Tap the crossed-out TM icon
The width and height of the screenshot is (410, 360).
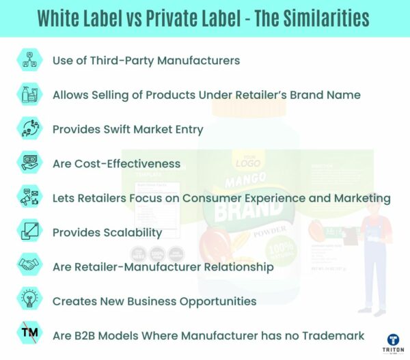(x=29, y=335)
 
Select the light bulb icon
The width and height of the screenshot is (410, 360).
(x=29, y=301)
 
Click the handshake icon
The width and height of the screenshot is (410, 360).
(x=29, y=266)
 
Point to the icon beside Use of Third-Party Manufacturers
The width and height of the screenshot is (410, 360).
(x=29, y=60)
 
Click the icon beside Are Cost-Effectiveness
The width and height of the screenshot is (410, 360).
(x=29, y=163)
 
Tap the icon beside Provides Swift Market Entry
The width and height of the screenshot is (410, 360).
(x=29, y=129)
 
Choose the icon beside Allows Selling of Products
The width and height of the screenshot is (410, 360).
(x=29, y=94)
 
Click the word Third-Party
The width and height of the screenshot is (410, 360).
(x=124, y=60)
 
